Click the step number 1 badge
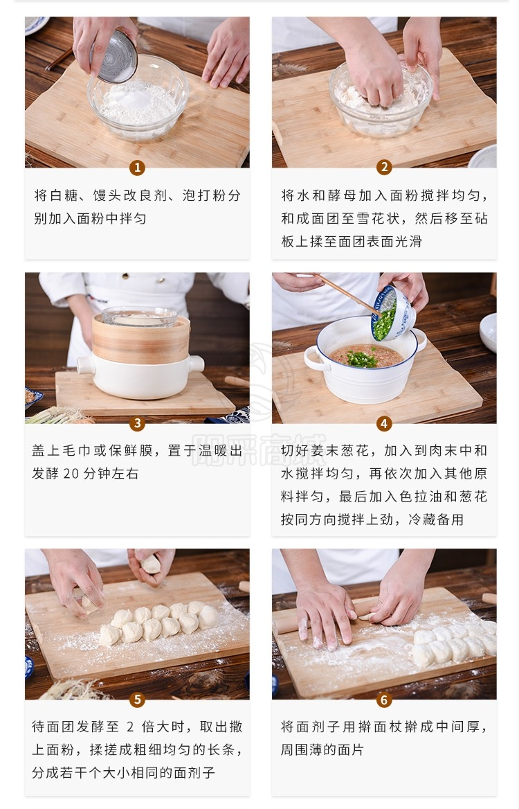[x=137, y=168]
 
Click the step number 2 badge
[x=384, y=167]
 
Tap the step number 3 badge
[x=137, y=424]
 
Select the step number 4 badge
[x=384, y=424]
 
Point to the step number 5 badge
[x=137, y=700]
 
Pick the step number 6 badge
[x=384, y=700]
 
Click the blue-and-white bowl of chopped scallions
[x=393, y=314]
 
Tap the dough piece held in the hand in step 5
[x=150, y=564]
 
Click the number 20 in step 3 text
[x=72, y=474]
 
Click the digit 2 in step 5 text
[x=130, y=727]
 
